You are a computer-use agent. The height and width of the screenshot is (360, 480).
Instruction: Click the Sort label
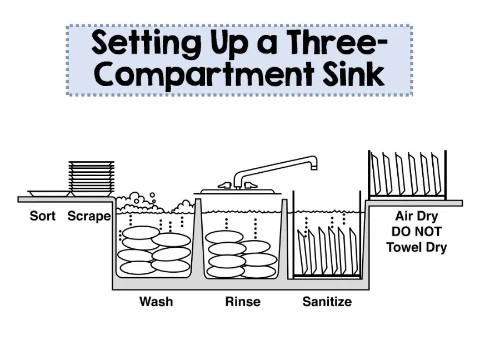point(43,216)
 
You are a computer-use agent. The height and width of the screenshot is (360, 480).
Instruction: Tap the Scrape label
point(89,216)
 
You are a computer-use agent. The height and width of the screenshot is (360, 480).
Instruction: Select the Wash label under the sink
point(156,302)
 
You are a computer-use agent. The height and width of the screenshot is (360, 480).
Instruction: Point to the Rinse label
point(243,302)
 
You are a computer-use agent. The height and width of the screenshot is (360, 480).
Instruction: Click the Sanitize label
point(327,302)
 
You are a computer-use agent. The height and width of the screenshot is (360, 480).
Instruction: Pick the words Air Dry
point(417,216)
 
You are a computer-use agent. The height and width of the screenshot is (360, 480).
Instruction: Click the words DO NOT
point(417,232)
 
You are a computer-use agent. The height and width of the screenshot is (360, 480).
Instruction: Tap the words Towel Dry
point(417,247)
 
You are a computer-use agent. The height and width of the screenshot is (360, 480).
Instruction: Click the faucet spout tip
point(314,167)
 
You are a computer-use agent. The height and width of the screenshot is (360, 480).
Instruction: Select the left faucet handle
point(224,185)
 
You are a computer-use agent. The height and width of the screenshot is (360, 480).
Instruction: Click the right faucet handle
point(250,185)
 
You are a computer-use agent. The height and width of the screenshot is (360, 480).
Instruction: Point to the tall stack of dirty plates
point(92,178)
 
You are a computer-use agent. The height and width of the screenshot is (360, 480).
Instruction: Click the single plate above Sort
point(49,193)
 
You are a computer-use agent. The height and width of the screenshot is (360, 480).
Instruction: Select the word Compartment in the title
point(204,76)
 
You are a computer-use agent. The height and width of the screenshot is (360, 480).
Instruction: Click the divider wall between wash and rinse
point(198,237)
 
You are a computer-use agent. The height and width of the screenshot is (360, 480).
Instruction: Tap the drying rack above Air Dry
point(407,174)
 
